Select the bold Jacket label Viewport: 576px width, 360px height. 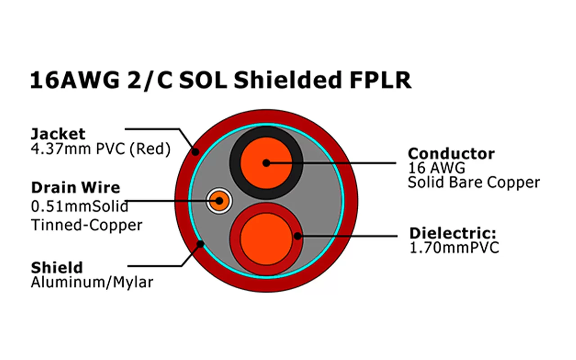(58, 134)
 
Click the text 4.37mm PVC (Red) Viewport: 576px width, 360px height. (100, 149)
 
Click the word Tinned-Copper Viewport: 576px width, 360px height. (86, 225)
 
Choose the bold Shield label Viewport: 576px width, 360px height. (57, 268)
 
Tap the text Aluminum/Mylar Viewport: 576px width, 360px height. (92, 282)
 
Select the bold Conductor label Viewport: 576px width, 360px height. (451, 153)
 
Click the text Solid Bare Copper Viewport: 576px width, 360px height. (473, 182)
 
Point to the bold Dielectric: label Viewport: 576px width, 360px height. (452, 234)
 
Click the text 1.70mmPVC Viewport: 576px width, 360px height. (454, 248)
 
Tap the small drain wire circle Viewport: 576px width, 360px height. (219, 200)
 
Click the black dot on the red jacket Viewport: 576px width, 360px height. (195, 152)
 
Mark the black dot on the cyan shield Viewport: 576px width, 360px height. (201, 244)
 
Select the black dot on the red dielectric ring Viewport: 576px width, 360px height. (297, 235)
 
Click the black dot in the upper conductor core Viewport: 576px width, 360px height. (266, 162)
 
